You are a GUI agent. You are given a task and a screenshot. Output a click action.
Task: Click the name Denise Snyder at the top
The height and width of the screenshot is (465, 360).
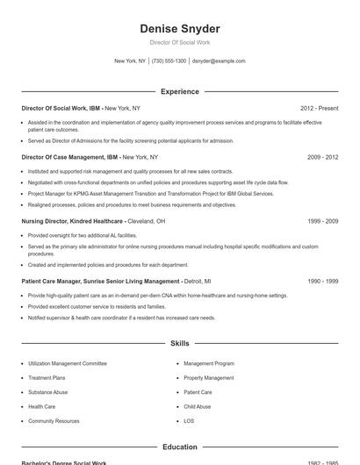(179, 29)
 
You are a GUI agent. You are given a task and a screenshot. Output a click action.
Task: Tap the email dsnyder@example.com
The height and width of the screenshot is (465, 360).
(219, 61)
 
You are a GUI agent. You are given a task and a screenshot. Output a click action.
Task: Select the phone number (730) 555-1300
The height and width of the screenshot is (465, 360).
(169, 61)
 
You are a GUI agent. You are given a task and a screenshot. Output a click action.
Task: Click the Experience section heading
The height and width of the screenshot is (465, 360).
(179, 91)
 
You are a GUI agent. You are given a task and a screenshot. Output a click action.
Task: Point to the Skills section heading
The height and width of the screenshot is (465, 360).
(179, 343)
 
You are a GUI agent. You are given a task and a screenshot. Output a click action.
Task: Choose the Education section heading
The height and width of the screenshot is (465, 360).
(179, 447)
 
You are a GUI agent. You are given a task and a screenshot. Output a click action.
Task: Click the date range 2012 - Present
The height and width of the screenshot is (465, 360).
(319, 108)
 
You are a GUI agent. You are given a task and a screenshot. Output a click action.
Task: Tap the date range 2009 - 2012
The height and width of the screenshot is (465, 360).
(322, 157)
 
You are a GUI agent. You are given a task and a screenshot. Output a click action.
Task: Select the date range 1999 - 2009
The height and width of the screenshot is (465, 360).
(322, 221)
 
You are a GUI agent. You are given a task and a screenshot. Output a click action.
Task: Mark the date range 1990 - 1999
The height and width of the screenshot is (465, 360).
(322, 282)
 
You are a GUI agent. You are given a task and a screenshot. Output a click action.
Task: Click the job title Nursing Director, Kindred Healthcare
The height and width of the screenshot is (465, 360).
(73, 221)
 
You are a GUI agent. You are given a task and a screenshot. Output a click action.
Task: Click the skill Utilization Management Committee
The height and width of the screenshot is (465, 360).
(67, 363)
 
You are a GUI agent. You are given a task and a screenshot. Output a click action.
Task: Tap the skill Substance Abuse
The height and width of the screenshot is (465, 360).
(47, 392)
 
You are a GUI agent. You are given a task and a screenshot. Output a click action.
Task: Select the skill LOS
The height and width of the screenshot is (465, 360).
(189, 421)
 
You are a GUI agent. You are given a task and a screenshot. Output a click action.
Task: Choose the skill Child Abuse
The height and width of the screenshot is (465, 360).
(197, 406)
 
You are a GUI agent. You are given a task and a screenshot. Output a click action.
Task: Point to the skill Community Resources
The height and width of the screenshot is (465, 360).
(54, 421)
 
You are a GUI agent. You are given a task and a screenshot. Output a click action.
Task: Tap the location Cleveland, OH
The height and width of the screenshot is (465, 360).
(148, 221)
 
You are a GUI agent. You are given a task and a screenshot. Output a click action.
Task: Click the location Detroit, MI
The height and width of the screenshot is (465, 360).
(198, 282)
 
